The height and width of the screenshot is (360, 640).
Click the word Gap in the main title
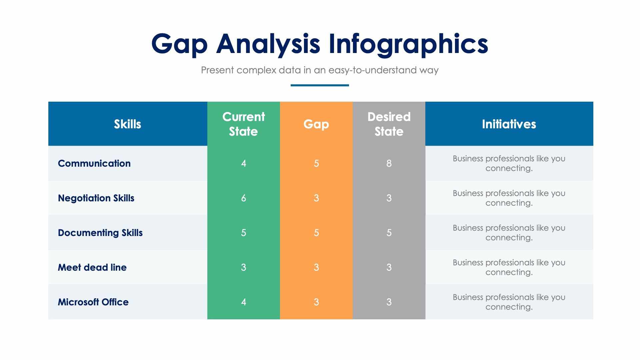(x=179, y=44)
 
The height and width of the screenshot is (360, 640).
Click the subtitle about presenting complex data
(x=320, y=70)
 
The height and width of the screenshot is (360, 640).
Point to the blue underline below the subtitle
(x=320, y=85)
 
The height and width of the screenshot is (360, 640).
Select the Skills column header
(x=127, y=124)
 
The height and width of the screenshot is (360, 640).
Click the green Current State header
(x=243, y=124)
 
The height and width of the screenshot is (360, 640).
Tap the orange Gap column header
(x=316, y=124)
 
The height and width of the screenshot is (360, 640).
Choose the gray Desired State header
(x=389, y=124)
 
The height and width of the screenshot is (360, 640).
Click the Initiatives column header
(x=509, y=124)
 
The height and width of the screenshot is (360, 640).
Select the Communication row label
(x=94, y=163)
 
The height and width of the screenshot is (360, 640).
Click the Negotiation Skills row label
(x=96, y=198)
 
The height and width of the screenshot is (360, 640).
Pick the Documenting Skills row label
(x=100, y=233)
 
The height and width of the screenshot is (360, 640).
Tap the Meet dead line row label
(x=92, y=267)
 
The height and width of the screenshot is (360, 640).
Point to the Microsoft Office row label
(x=93, y=302)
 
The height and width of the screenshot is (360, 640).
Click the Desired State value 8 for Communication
(x=389, y=163)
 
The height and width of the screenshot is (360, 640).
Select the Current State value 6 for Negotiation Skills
(x=243, y=198)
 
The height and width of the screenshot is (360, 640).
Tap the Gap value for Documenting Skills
(x=316, y=233)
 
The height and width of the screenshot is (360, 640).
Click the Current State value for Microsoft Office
(x=243, y=302)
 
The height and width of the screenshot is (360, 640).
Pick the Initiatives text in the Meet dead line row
(x=509, y=267)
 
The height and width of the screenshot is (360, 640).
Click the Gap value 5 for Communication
(x=316, y=163)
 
